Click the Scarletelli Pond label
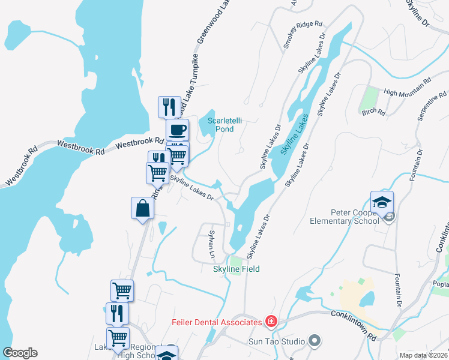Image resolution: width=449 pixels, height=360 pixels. (x=224, y=124)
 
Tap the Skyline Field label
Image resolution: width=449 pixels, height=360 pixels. (x=237, y=269)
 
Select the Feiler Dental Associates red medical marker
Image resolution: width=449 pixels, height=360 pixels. (x=271, y=322)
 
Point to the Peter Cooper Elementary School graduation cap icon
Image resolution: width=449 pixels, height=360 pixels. (x=382, y=201)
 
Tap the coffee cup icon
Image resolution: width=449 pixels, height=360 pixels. (x=177, y=129)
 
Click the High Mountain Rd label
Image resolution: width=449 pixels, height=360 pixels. (x=408, y=86)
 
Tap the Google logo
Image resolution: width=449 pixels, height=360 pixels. (x=20, y=353)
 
